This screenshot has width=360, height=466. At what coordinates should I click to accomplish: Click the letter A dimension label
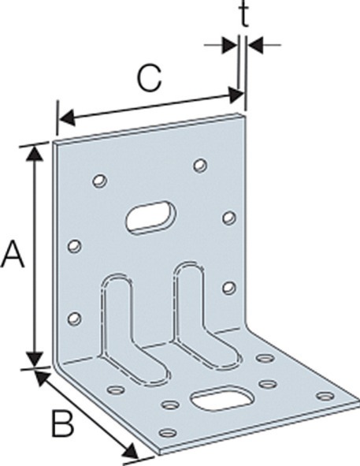13,254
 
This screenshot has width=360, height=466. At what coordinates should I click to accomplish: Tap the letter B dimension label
62,423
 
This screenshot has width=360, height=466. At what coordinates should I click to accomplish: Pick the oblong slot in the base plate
221,398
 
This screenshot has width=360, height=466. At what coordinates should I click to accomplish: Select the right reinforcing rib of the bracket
205,316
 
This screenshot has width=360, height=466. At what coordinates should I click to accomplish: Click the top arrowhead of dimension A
35,154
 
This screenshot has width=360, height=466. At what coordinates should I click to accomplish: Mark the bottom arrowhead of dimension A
35,359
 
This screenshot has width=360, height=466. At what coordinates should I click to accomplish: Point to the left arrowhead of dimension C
68,117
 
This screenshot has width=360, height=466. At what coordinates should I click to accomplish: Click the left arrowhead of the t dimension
229,45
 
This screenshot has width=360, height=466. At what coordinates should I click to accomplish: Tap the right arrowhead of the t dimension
254,45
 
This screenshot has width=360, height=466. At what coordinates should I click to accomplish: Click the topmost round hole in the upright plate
201,166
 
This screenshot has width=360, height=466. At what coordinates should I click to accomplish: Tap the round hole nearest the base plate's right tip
325,396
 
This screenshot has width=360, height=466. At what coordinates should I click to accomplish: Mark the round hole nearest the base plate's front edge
168,432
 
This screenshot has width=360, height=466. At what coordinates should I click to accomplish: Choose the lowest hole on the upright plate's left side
74,319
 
